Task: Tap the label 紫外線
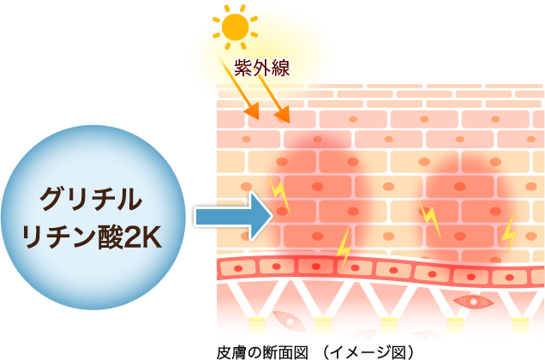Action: [x=261, y=69]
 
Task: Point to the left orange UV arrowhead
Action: [x=251, y=112]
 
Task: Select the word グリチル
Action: [x=90, y=199]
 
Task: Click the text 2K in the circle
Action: [x=143, y=237]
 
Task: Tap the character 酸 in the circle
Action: [x=107, y=237]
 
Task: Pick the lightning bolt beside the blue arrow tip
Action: [x=279, y=193]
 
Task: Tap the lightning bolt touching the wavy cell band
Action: [x=344, y=249]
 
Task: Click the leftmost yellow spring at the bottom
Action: [x=254, y=324]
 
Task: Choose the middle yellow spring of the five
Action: [x=388, y=324]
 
